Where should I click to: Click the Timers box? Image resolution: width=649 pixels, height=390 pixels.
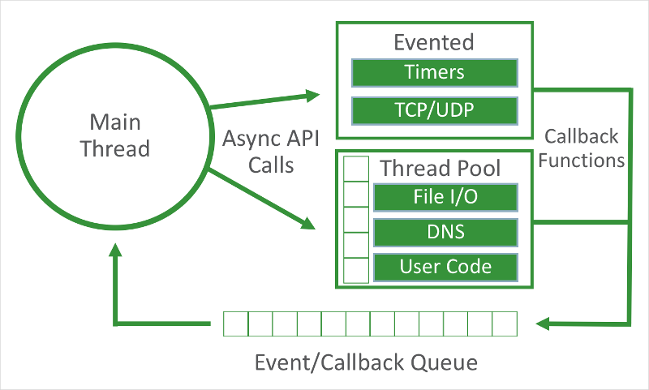pos(434,73)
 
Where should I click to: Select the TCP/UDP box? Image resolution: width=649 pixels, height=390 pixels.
pos(434,110)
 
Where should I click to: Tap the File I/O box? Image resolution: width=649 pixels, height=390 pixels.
pos(445,197)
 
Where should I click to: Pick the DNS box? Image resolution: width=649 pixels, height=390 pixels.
pos(445,232)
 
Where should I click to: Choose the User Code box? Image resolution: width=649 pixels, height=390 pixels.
pos(445,267)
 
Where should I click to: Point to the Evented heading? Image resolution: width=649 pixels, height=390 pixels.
pos(433,42)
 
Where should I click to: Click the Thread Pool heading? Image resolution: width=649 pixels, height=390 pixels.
pos(441,169)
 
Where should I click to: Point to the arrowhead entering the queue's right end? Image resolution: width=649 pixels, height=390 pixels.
pos(543,324)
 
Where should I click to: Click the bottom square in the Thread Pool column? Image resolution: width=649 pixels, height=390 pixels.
pos(356,270)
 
